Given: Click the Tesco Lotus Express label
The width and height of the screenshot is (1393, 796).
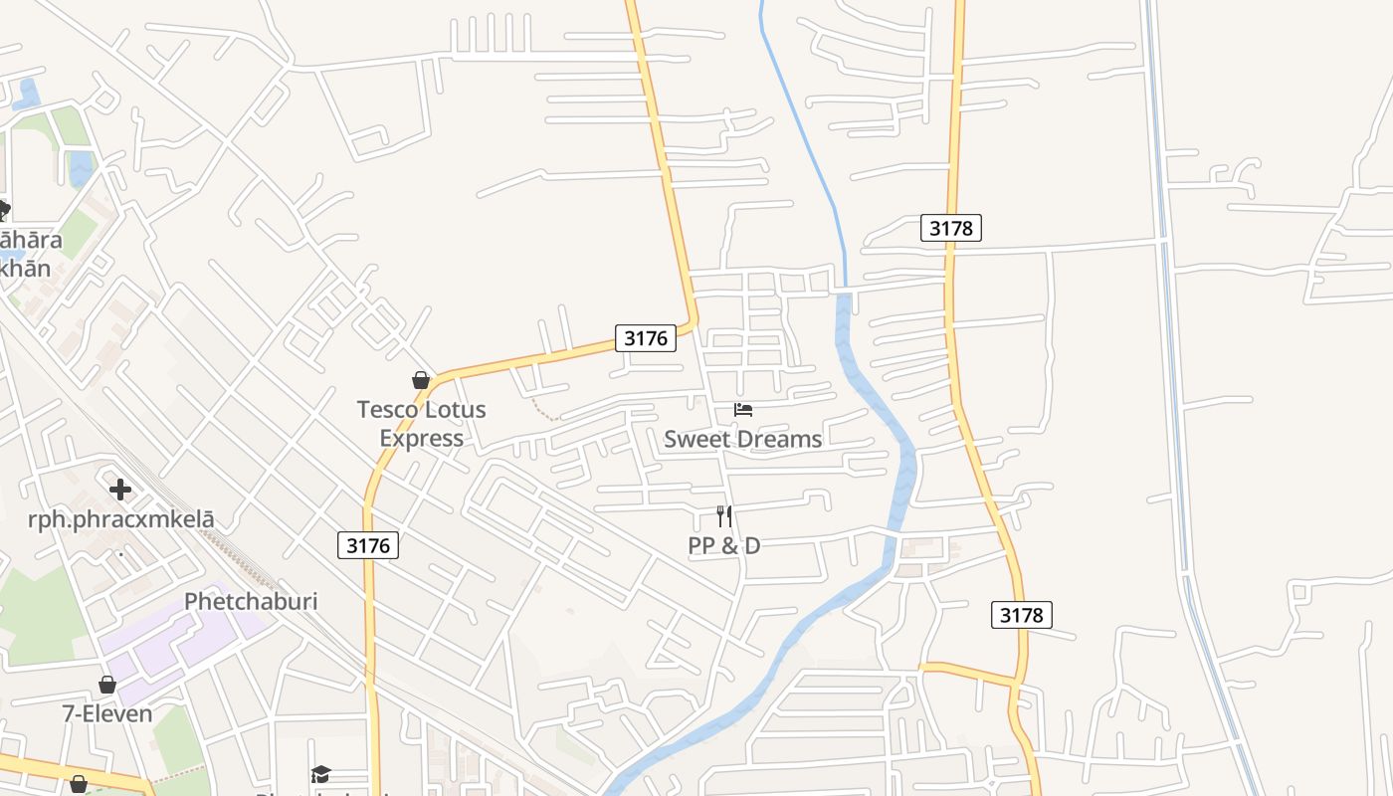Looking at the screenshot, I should pos(421,424).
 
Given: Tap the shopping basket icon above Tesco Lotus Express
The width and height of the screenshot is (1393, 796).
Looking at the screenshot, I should pos(421,380).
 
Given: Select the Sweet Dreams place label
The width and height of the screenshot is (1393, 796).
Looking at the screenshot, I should pos(742,439).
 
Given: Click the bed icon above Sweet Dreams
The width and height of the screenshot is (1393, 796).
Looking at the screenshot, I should pos(742,410).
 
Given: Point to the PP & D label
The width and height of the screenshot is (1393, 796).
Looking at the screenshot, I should pos(723,545).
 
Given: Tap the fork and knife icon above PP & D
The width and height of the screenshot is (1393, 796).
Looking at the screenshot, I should pos(724,516).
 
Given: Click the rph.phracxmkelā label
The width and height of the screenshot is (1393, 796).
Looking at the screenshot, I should pos(120,519).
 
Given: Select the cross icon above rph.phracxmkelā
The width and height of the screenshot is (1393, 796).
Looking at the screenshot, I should pos(120,490).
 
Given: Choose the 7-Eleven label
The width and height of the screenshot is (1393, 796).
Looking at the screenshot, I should pos(107,713).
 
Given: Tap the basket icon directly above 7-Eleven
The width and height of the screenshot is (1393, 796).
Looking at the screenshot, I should pos(107,685).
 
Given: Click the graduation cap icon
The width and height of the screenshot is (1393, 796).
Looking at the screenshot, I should pos(320,774).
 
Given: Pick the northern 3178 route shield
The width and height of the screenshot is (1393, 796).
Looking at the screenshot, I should pos(950,228).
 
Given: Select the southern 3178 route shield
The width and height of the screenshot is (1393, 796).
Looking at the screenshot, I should pos(1021,615).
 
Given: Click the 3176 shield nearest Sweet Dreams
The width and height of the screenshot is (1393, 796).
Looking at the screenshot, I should pos(645,338).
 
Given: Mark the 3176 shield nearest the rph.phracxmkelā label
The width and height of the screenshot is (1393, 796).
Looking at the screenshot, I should pos(368,545).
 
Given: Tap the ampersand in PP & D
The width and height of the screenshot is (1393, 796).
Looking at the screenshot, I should pos(724,545).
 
